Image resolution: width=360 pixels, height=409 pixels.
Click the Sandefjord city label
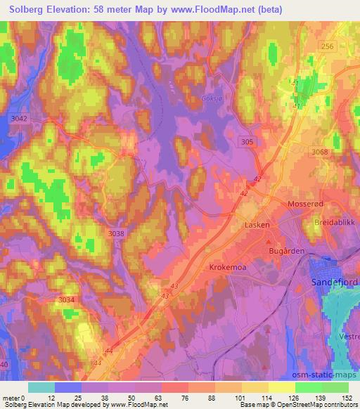tap(333, 281)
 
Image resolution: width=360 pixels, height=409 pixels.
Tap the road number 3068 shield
tap(319, 152)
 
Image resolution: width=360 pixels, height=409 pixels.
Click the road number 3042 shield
tap(20, 119)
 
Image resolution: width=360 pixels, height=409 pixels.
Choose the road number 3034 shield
tap(67, 300)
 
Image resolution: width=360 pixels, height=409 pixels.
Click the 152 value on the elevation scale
tap(347, 398)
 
